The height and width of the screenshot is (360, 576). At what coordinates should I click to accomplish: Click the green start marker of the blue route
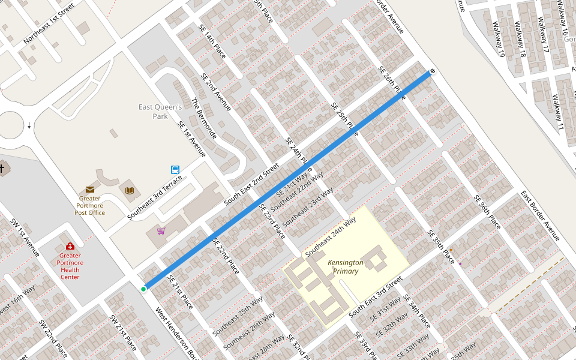(x=143, y=289)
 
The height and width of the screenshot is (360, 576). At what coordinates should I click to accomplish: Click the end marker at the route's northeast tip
(x=432, y=71)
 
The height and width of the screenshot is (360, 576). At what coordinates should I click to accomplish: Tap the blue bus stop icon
(x=175, y=169)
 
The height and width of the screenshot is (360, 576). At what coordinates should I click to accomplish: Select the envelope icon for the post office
(x=89, y=190)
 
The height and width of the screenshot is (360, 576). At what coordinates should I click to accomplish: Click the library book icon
(x=129, y=190)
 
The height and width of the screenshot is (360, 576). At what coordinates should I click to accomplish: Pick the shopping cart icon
(x=161, y=231)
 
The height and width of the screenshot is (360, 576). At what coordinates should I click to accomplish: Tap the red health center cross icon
(x=70, y=246)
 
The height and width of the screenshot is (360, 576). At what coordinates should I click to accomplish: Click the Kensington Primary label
(x=345, y=267)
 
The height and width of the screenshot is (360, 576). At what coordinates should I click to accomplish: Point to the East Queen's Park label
(x=160, y=112)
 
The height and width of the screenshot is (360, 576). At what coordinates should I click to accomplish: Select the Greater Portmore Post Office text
(x=89, y=205)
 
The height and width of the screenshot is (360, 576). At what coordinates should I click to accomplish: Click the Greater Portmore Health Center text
(x=70, y=269)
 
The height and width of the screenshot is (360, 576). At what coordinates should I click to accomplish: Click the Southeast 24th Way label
(x=331, y=238)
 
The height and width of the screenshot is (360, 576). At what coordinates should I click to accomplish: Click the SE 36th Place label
(x=487, y=212)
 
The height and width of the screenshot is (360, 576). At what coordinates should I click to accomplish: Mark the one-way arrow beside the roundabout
(x=29, y=125)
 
